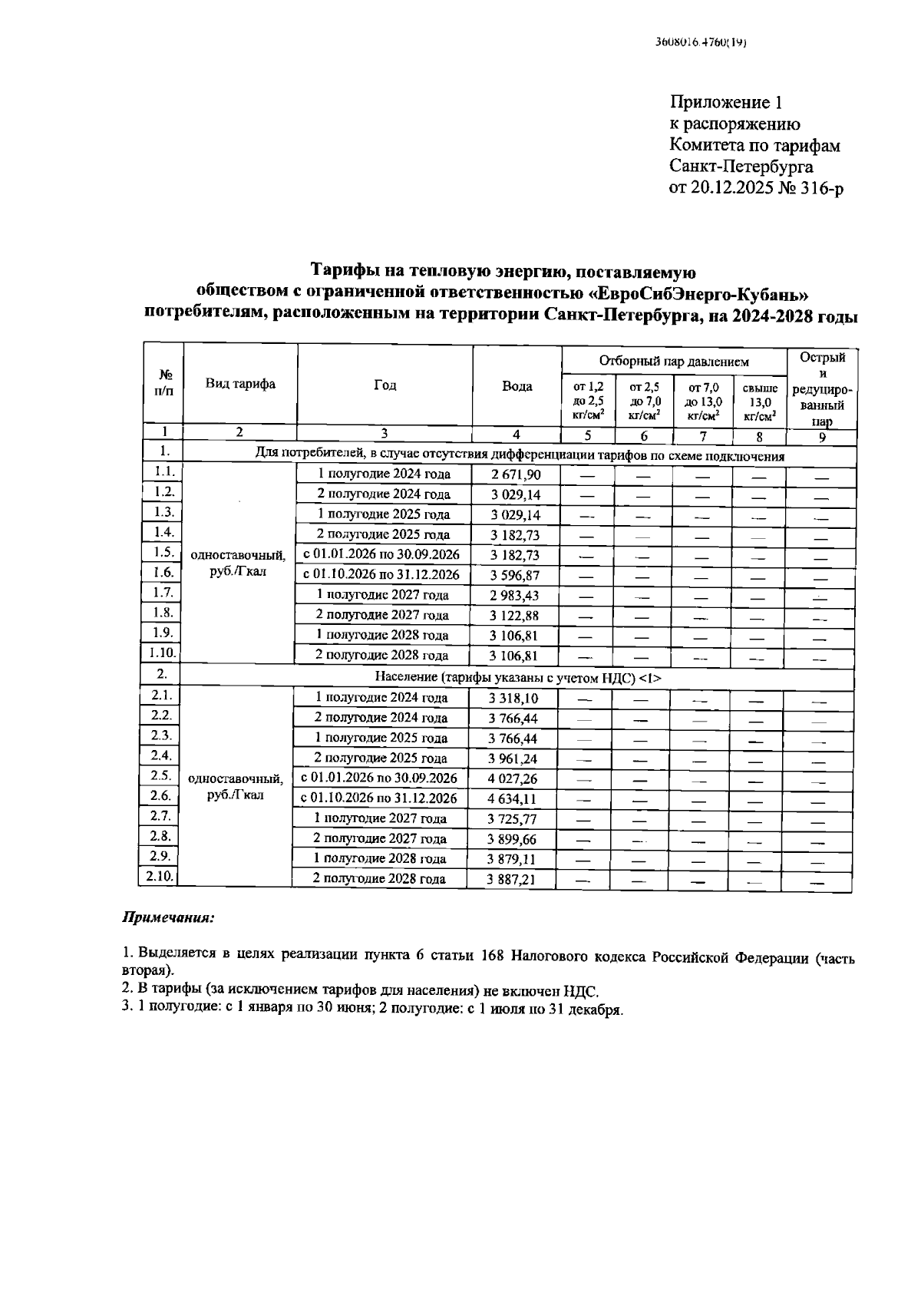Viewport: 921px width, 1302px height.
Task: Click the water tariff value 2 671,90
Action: pyautogui.click(x=516, y=474)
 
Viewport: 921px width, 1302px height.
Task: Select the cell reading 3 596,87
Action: pyautogui.click(x=516, y=575)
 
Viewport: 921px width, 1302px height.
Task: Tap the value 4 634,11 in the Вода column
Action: pyautogui.click(x=513, y=798)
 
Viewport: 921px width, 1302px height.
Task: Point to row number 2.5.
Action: pyautogui.click(x=160, y=775)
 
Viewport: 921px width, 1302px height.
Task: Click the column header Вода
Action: pyautogui.click(x=517, y=386)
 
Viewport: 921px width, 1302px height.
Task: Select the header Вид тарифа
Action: pyautogui.click(x=239, y=384)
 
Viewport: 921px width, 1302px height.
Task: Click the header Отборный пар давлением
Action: pyautogui.click(x=673, y=361)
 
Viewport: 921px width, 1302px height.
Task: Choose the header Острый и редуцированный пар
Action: pyautogui.click(x=822, y=389)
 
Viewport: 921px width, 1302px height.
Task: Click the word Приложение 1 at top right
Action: pyautogui.click(x=725, y=103)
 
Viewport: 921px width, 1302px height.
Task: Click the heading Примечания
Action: pyautogui.click(x=169, y=917)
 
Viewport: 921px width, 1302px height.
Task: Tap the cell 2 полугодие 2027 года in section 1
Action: pyautogui.click(x=383, y=615)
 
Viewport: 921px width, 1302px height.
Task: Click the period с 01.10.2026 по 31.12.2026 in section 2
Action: pyautogui.click(x=379, y=798)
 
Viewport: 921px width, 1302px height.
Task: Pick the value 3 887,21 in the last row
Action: pyautogui.click(x=511, y=879)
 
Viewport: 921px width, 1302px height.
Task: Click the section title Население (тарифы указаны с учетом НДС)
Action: pyautogui.click(x=517, y=678)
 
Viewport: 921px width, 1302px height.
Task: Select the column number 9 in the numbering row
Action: pyautogui.click(x=821, y=437)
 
